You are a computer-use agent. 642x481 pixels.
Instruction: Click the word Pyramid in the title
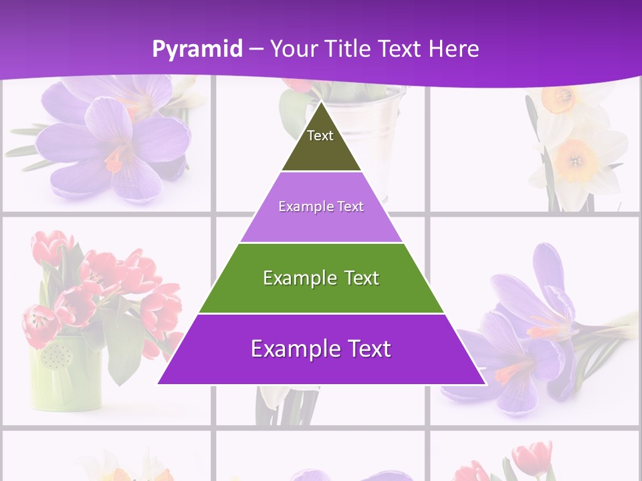click(x=197, y=49)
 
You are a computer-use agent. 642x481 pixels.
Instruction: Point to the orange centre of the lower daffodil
click(x=574, y=161)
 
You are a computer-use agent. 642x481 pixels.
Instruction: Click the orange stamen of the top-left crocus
click(x=115, y=159)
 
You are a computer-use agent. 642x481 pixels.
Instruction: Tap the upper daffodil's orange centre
click(x=557, y=100)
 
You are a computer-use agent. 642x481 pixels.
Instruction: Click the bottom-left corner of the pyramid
click(x=158, y=383)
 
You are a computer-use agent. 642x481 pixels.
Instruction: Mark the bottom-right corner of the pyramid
click(x=486, y=383)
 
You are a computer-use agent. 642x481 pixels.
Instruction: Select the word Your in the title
click(x=292, y=49)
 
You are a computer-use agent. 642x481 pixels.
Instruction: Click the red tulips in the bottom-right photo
click(x=528, y=461)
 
